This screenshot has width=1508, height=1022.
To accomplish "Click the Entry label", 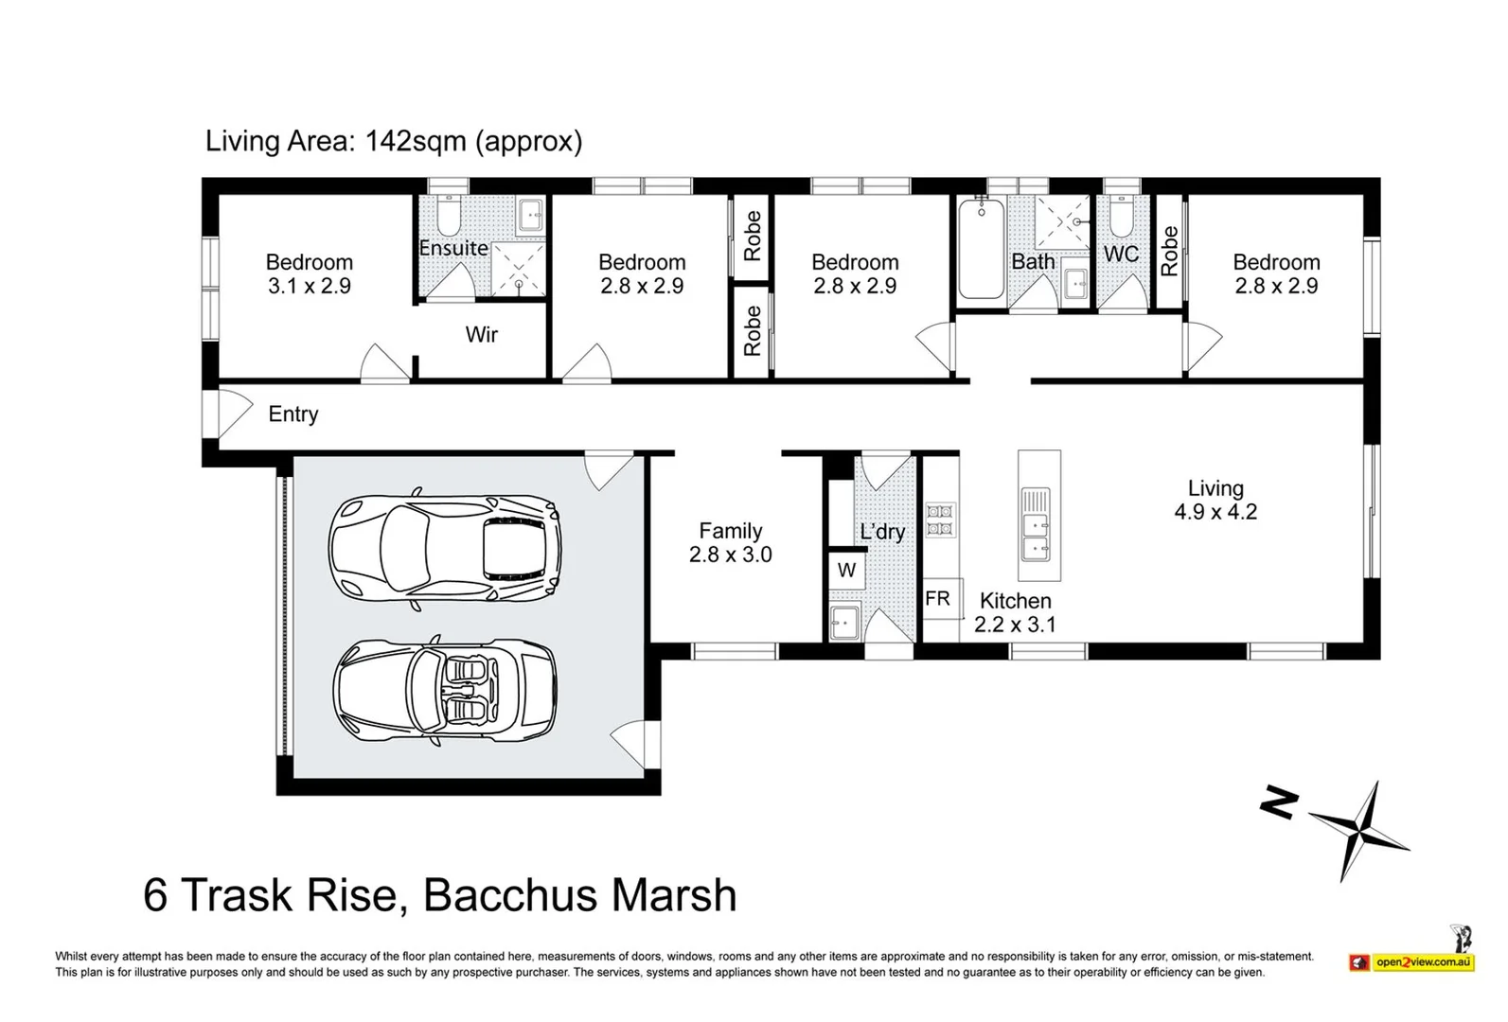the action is pos(293,414).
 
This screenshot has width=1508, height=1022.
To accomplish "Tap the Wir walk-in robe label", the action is pos(481,334).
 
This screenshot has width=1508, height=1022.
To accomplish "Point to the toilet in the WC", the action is pos(1121,216).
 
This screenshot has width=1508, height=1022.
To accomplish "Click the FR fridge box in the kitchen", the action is pos(940,599).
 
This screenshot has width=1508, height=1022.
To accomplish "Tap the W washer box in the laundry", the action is pos(846,571).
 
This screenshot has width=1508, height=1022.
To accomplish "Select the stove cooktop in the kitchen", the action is pos(940,520).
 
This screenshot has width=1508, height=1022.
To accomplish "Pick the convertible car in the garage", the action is pos(444,690).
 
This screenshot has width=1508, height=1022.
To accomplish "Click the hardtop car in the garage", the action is pos(444,550).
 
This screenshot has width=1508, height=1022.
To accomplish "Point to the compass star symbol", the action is pos(1360,832).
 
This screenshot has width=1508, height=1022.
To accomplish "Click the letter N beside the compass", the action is pos(1279,802).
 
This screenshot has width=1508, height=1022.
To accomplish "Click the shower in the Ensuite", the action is pos(518,269).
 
